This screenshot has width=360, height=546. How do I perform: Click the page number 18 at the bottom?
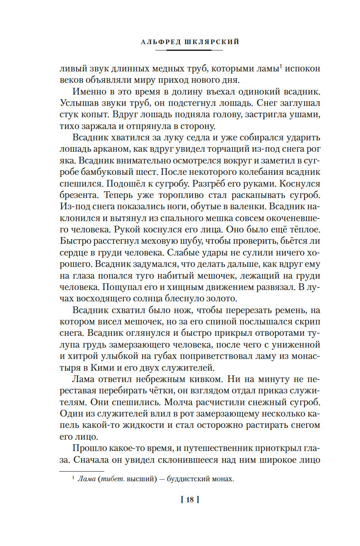tap(189, 499)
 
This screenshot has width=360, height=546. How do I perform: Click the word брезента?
tap(79, 195)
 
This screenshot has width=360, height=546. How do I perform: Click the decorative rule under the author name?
tap(189, 50)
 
